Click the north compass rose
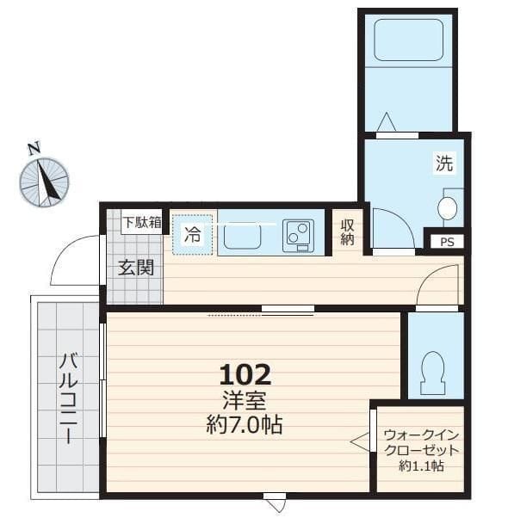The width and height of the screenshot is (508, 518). click(44, 182)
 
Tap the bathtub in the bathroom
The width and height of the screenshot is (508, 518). click(408, 40)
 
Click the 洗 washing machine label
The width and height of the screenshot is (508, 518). click(444, 163)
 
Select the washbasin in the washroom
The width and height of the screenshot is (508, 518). click(448, 208)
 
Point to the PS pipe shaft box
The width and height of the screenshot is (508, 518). click(447, 242)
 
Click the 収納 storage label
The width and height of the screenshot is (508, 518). click(347, 232)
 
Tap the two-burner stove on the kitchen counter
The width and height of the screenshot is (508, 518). click(299, 236)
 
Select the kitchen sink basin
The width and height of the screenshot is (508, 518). click(243, 236)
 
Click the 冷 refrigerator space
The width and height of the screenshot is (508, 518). click(192, 235)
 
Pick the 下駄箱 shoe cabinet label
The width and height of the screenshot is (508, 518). click(142, 222)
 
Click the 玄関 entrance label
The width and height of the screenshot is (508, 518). click(136, 268)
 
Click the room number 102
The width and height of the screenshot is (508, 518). click(245, 374)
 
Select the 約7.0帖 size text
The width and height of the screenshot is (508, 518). click(245, 424)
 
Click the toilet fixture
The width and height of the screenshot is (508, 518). click(433, 373)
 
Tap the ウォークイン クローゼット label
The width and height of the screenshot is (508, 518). click(422, 442)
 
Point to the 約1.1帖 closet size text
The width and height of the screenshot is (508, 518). click(422, 466)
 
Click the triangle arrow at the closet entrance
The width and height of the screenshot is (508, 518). click(360, 441)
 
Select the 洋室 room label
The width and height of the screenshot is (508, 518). click(245, 400)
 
